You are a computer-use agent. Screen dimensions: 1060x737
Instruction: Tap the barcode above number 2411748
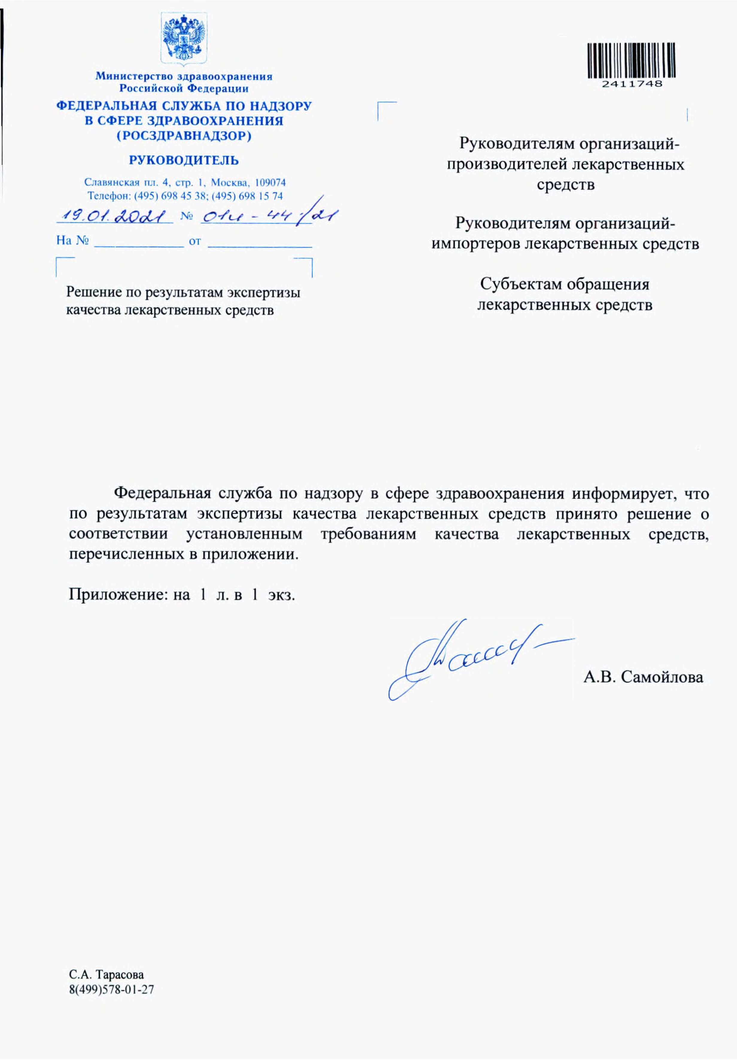[632, 60]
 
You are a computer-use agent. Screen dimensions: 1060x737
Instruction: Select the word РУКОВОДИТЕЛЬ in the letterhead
[184, 160]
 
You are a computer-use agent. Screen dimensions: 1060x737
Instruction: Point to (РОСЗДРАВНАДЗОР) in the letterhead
[184, 137]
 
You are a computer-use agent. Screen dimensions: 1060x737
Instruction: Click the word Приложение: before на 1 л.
[117, 595]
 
